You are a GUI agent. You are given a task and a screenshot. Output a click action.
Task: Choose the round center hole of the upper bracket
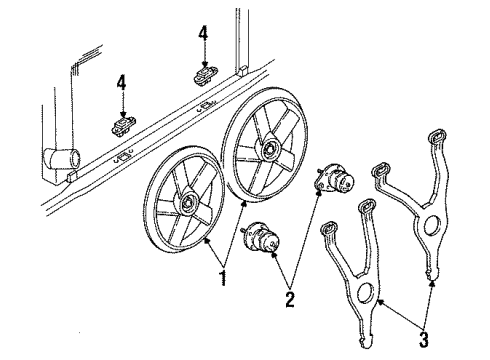(433, 225)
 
